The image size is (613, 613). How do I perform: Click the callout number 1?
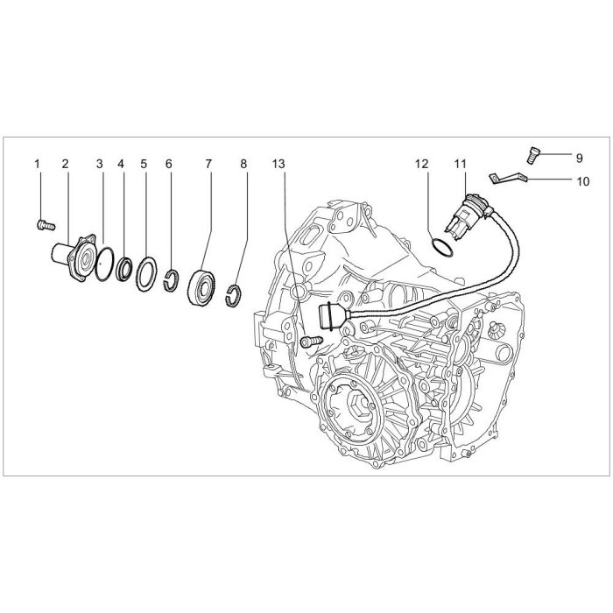coord(37,164)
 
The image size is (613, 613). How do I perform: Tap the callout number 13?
coord(278,164)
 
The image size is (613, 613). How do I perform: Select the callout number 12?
coord(422,164)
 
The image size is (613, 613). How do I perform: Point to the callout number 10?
coord(582,181)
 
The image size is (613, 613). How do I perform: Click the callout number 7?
coord(208,164)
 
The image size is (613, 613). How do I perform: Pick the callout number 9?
coord(579,158)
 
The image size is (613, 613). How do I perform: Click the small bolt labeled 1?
coord(46,225)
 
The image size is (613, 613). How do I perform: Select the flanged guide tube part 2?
coord(74,257)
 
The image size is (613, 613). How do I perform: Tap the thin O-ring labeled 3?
coord(104,264)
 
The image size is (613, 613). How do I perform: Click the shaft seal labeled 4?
coord(124,270)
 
